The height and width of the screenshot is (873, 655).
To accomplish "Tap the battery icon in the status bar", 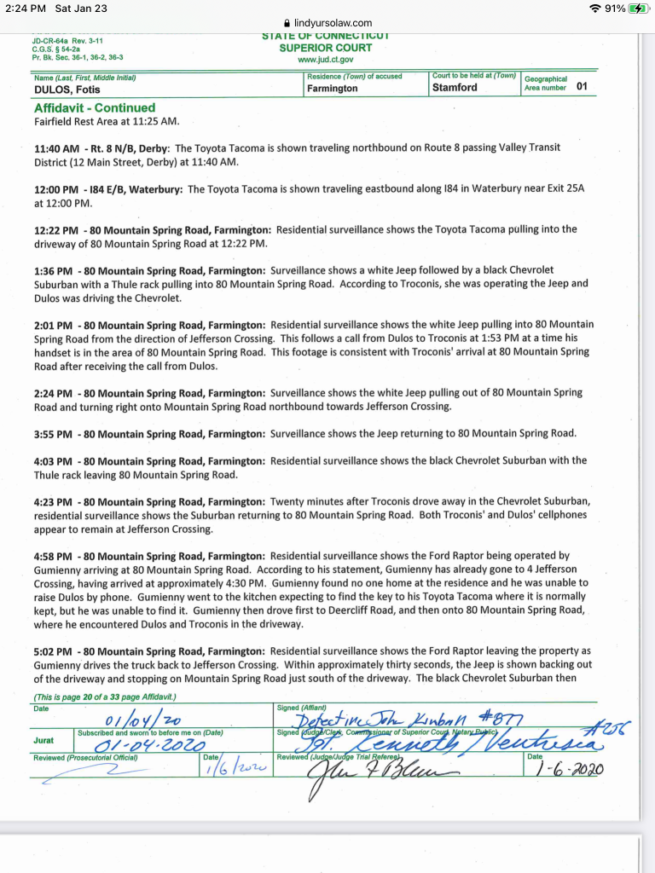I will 639,8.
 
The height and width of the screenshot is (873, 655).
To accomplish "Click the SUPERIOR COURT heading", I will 325,48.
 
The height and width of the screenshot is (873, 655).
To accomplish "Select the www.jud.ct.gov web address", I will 325,60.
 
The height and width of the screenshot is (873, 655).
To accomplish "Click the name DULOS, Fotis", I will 67,89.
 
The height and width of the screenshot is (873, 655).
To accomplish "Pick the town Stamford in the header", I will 455,88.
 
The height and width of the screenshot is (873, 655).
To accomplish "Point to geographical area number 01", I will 582,87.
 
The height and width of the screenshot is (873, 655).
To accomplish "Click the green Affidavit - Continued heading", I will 95,107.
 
